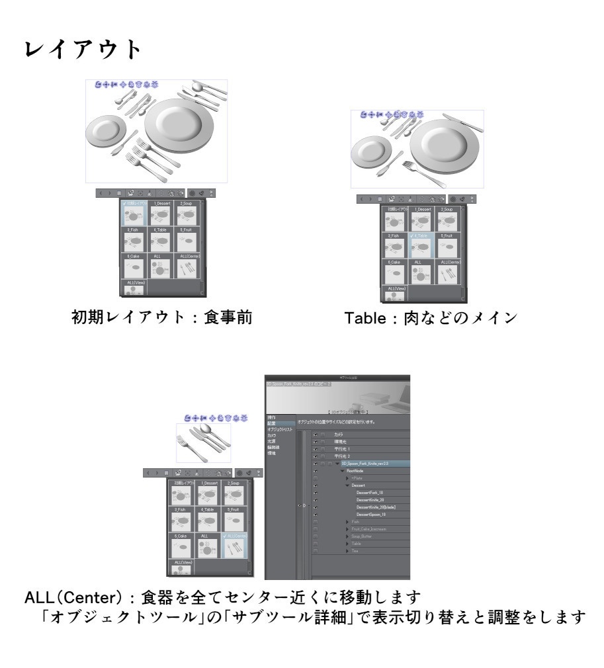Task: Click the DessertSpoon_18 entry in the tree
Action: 371,514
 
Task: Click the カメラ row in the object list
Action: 339,433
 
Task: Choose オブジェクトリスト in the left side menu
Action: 279,430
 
